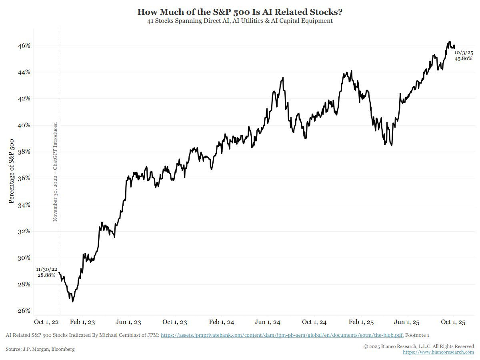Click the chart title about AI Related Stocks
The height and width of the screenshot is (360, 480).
(x=240, y=12)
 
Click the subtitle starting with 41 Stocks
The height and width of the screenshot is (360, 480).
(x=240, y=21)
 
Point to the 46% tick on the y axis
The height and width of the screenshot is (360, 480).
(x=24, y=46)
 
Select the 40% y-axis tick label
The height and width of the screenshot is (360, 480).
(x=24, y=125)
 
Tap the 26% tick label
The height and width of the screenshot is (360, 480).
(x=24, y=311)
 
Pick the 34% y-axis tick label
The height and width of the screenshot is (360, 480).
(x=24, y=205)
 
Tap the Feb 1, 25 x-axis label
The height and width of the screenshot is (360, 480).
(x=361, y=322)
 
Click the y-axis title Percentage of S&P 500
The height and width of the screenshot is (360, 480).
(x=12, y=171)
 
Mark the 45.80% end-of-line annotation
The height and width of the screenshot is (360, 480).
(x=464, y=58)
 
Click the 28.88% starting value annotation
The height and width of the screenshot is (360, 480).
(x=46, y=275)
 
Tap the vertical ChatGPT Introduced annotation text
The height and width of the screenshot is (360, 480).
(x=55, y=172)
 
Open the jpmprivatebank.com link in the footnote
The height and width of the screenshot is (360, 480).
(x=282, y=335)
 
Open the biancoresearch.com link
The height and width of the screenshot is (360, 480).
(x=438, y=352)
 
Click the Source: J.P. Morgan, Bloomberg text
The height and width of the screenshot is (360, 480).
(x=40, y=349)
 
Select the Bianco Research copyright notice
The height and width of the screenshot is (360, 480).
(x=418, y=346)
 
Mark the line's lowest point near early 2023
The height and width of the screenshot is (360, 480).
(x=72, y=301)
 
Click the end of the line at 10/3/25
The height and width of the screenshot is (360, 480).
(x=454, y=47)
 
